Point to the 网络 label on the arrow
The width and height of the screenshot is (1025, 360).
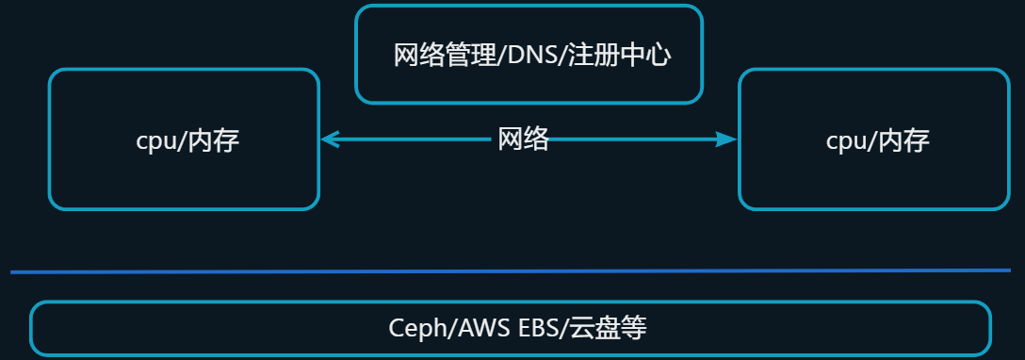[523, 140]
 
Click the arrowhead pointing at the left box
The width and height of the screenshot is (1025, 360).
[329, 139]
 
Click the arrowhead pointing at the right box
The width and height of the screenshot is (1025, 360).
[727, 139]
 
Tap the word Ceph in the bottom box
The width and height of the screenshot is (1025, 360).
[414, 328]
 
